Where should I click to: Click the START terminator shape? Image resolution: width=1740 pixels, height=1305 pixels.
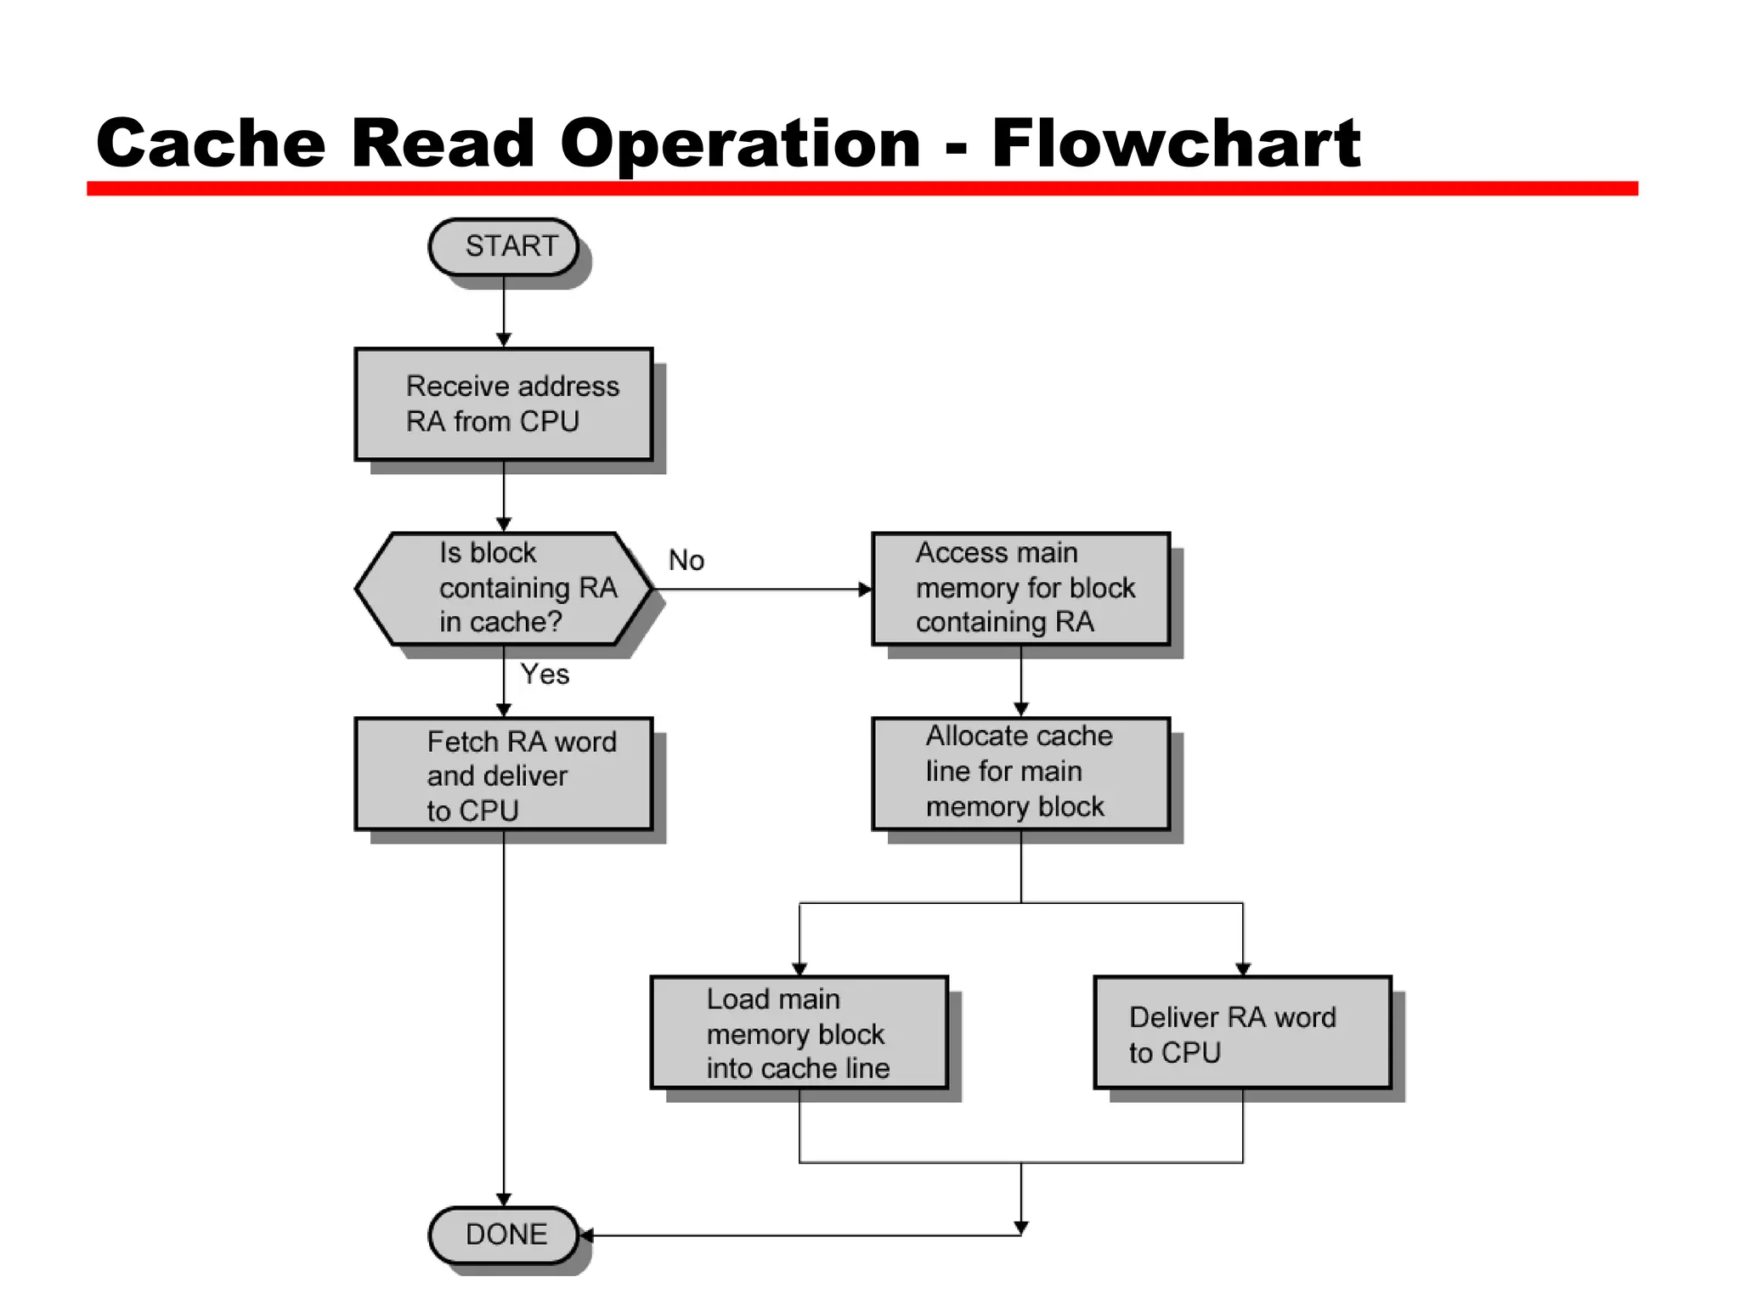[504, 246]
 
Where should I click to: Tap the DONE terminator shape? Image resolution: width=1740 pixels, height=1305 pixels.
[504, 1234]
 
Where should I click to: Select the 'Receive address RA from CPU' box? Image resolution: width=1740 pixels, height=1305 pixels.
[504, 404]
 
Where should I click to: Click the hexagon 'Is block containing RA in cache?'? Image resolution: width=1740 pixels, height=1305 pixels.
[504, 588]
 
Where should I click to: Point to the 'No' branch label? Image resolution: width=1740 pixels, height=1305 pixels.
[686, 561]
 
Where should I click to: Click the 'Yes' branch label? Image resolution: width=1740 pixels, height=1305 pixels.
[545, 675]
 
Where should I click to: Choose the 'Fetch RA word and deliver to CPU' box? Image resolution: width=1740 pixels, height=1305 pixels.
[504, 774]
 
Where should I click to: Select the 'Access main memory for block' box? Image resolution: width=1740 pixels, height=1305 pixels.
[1020, 588]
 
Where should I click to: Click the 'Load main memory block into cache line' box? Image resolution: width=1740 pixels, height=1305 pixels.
[799, 1032]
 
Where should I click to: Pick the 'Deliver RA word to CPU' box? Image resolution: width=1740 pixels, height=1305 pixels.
[1242, 1032]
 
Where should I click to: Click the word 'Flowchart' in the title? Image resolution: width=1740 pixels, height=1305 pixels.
[1176, 143]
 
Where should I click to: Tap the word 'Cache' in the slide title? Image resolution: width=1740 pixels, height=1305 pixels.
[211, 143]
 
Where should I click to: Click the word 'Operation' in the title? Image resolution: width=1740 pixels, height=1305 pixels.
[740, 143]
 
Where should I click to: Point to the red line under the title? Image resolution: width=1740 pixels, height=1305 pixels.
[862, 189]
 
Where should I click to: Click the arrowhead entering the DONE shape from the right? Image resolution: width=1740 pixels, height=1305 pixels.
[586, 1235]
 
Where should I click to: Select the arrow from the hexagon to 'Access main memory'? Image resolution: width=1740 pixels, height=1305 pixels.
[765, 589]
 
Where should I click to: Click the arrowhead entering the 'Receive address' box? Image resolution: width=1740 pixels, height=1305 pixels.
[504, 340]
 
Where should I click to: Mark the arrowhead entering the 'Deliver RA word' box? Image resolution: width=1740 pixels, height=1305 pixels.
[1243, 969]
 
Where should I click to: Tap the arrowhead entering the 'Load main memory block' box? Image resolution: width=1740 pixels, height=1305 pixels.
[799, 969]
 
